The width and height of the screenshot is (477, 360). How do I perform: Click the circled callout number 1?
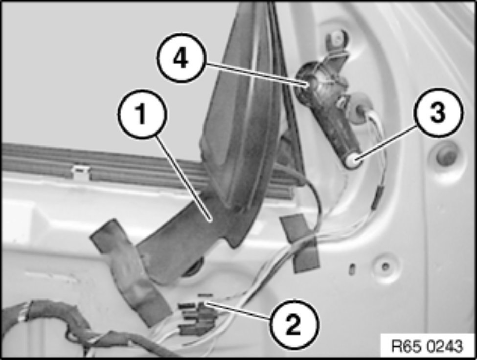(x=142, y=114)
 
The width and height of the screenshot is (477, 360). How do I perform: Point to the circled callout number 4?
(x=181, y=58)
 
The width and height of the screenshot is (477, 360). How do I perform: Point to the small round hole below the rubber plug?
(x=385, y=267)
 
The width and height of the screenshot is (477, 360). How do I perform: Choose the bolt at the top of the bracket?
(x=337, y=38)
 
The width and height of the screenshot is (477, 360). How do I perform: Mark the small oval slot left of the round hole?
(x=351, y=269)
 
